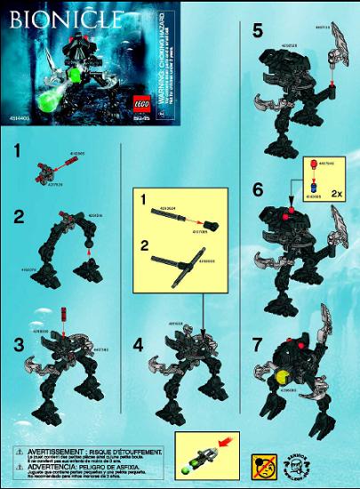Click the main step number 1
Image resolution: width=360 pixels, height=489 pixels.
coord(16,153)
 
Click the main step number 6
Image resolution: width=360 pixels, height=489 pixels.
coord(257,190)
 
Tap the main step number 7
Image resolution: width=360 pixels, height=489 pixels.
coord(257,342)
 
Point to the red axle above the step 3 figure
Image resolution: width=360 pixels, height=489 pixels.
coord(66,312)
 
